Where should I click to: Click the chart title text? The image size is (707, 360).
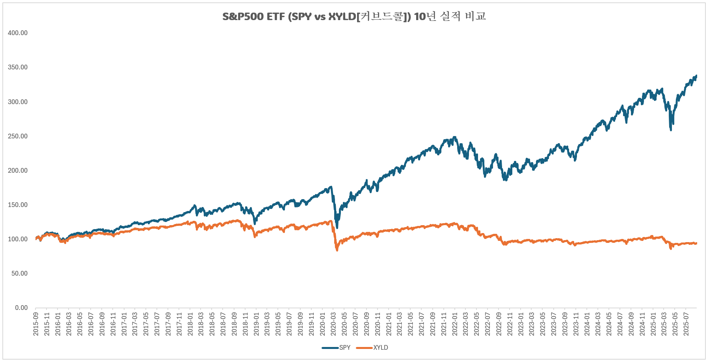coord(353,17)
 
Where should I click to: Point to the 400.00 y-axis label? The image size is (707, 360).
coord(18,33)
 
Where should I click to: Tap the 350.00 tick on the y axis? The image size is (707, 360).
coord(18,67)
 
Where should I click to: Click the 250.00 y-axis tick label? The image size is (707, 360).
coord(18,136)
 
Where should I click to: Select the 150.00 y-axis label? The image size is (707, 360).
coord(18,205)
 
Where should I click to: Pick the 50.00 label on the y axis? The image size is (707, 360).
coord(19,273)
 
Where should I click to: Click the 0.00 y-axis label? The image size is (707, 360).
coord(21,308)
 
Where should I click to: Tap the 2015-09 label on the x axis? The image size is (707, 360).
coord(36,324)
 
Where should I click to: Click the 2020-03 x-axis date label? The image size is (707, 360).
coord(333,324)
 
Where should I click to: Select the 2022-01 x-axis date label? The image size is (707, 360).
coord(455,324)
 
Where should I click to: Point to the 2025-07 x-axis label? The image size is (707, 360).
coord(686,324)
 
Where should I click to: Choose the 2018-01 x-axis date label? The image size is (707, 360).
coord(190,324)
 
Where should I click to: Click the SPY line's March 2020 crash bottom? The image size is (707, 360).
coord(337,228)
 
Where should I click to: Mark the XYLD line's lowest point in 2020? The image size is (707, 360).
coord(337,250)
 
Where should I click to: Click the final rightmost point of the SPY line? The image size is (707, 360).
coord(696,76)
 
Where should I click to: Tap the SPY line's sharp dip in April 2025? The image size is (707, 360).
coord(671,130)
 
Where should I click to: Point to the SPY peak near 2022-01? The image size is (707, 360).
coord(455,137)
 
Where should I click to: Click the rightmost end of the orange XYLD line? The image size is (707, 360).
coord(696,243)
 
